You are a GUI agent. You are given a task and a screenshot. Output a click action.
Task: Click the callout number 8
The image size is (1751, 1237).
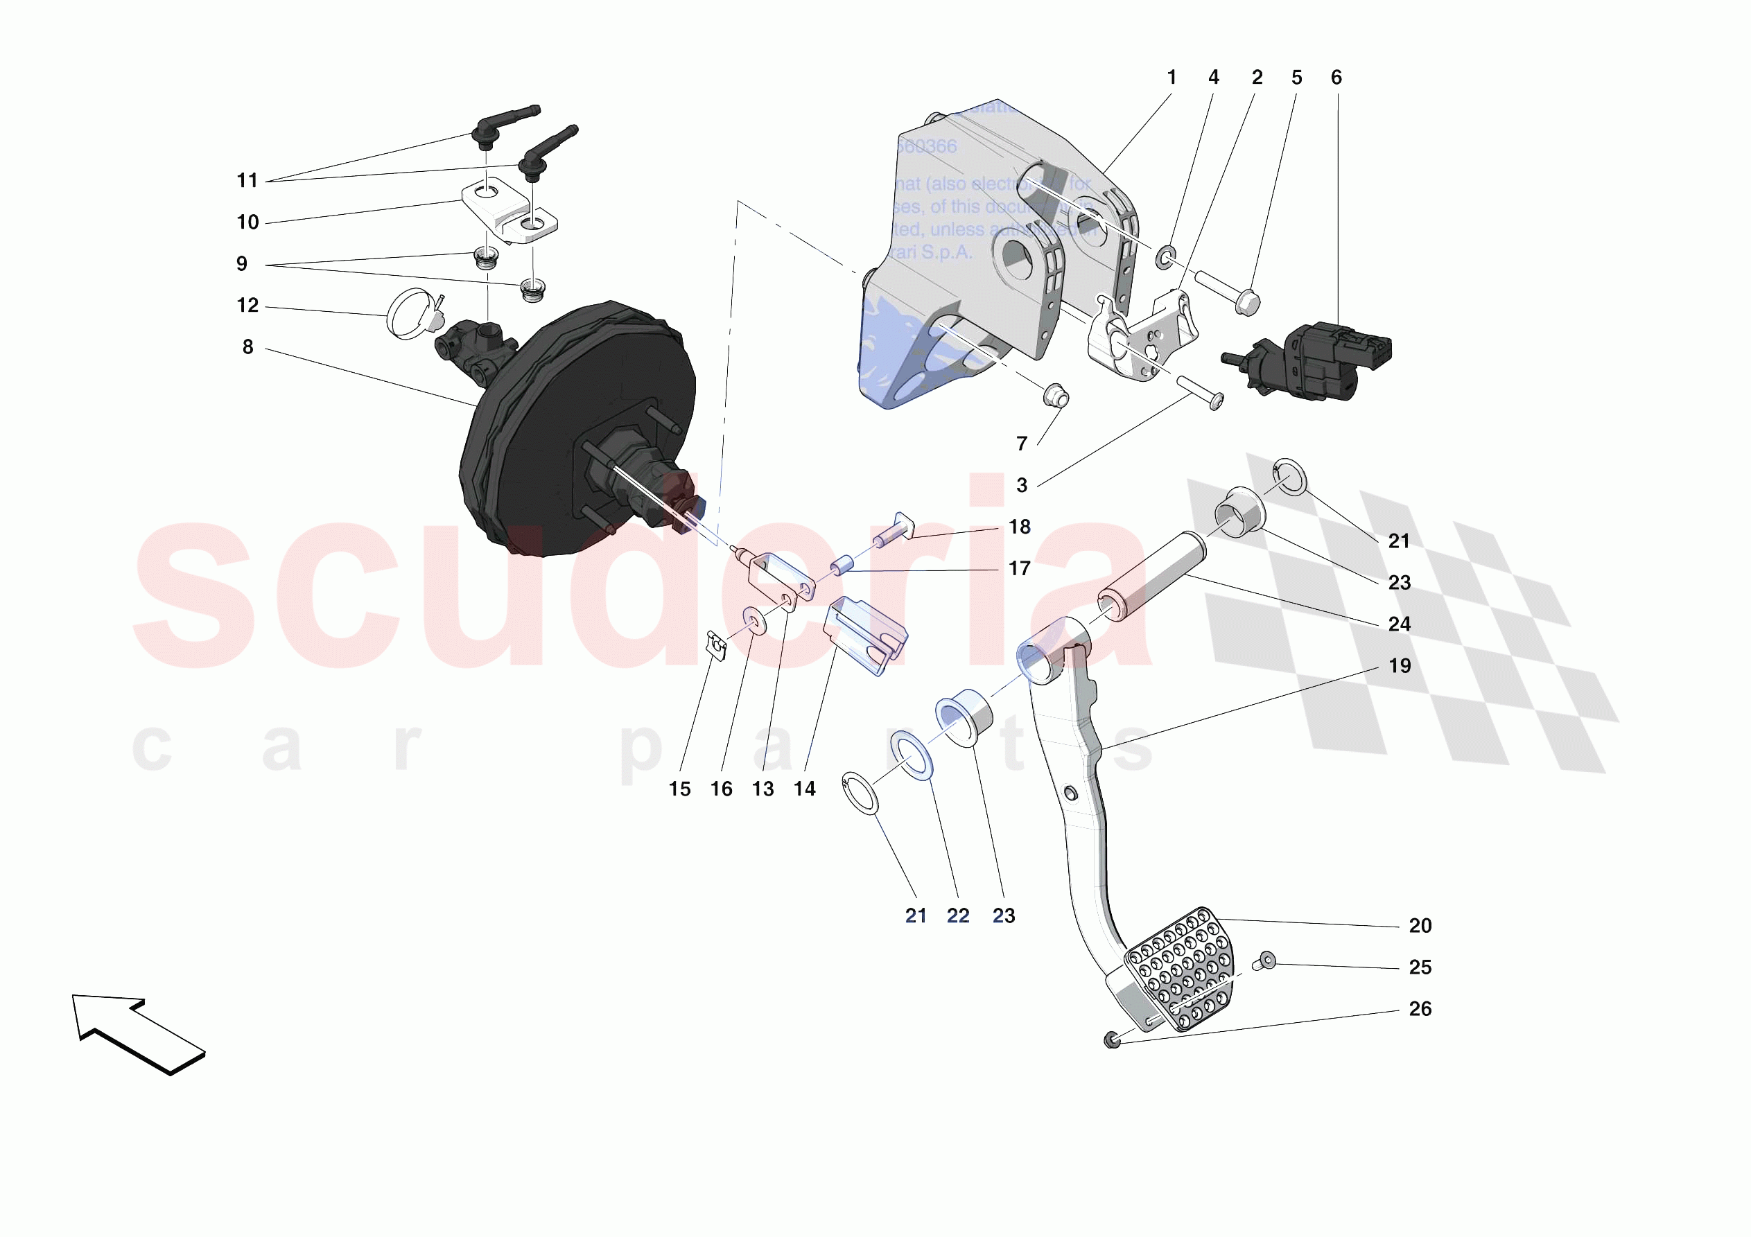click(248, 347)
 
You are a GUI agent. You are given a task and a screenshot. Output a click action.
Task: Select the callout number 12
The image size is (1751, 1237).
click(248, 306)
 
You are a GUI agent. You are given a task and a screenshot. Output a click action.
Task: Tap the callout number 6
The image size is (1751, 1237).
click(1336, 78)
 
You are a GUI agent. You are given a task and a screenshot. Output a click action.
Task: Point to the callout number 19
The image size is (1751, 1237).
click(1400, 666)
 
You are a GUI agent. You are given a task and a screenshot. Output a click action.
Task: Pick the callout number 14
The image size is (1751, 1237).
click(805, 789)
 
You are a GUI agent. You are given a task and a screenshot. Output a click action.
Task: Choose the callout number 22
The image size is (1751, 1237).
click(958, 916)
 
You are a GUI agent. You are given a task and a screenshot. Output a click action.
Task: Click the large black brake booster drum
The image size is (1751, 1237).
click(580, 427)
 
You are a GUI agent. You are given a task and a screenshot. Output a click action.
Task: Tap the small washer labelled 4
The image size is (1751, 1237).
click(1166, 258)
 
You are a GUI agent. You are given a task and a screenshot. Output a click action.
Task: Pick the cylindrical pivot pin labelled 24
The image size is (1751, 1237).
click(1151, 577)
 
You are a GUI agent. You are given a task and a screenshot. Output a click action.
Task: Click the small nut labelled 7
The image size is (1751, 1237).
click(1056, 396)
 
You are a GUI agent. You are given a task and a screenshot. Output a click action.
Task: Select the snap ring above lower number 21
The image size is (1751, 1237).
click(860, 793)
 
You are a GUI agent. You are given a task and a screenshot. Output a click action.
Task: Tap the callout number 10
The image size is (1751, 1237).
click(248, 222)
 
